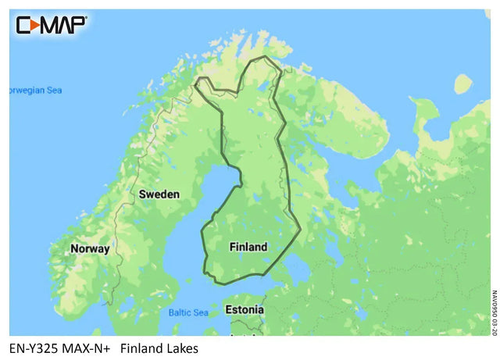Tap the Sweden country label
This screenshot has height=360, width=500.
[x=159, y=194]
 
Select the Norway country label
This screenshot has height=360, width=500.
[x=90, y=248]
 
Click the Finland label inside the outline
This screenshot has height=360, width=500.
[x=248, y=247]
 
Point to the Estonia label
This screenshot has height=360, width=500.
[x=244, y=310]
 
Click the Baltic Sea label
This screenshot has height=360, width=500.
[x=188, y=313]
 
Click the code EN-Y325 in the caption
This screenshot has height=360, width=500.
[x=35, y=348]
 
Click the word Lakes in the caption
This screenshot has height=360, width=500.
[x=181, y=348]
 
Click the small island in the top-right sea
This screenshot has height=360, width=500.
[x=462, y=83]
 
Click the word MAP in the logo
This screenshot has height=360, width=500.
[x=62, y=25]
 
